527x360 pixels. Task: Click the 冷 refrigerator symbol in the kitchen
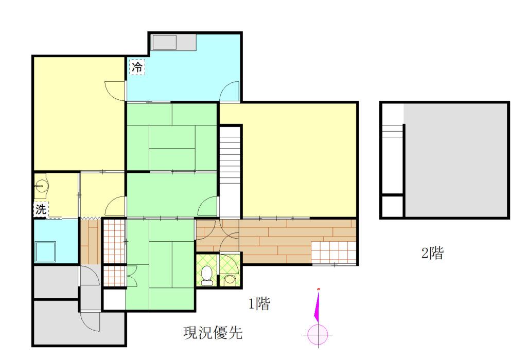137,67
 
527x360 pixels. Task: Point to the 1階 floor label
259,304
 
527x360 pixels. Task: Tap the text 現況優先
213,333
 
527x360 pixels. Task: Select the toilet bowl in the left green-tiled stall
207,275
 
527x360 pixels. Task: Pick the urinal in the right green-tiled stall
230,279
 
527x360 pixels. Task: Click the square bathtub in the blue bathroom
45,251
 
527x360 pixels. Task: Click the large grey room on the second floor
455,159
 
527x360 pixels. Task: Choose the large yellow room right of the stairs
298,159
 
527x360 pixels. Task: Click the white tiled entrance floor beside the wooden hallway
333,252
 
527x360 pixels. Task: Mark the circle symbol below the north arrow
318,335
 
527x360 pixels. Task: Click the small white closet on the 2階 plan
392,206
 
